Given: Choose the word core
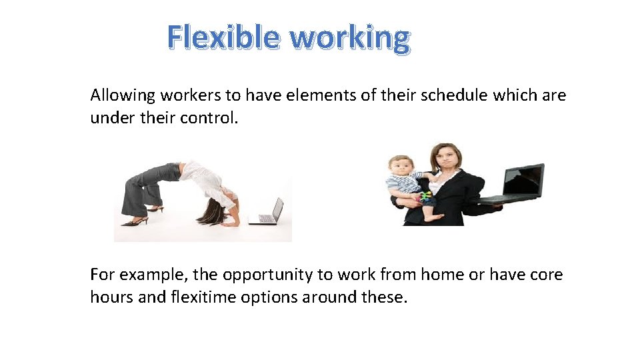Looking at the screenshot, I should click(x=545, y=275).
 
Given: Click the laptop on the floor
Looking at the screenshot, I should click(x=268, y=212).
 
